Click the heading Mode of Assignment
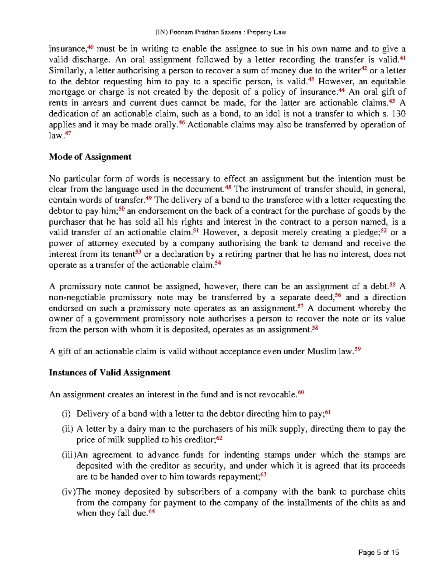(90, 157)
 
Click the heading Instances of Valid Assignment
(109, 373)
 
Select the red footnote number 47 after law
(68, 134)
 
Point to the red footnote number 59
(357, 350)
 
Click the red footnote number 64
(151, 512)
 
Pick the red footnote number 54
(218, 263)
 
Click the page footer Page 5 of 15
(379, 552)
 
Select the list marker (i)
(66, 414)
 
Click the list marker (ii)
(67, 429)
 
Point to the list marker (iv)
(68, 492)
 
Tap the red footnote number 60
(301, 393)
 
